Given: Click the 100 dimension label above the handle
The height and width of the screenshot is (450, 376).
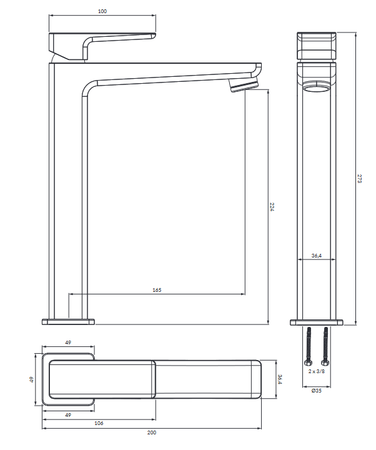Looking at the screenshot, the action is (102, 11).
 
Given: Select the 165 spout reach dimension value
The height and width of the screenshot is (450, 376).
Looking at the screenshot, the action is (157, 290).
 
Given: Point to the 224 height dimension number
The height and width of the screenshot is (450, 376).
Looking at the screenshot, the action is (272, 207).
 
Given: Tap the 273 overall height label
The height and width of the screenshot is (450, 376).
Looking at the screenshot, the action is (360, 178).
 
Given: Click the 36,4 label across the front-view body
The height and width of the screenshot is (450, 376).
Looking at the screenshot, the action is (317, 256).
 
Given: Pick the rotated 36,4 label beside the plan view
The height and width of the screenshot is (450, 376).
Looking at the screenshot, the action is (280, 379).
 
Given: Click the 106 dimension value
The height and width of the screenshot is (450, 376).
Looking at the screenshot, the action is (99, 423).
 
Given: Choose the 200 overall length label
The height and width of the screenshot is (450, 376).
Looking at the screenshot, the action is (152, 432).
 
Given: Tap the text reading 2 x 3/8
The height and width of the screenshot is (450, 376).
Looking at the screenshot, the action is (317, 371).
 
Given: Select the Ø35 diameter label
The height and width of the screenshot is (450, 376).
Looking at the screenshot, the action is (317, 391).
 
